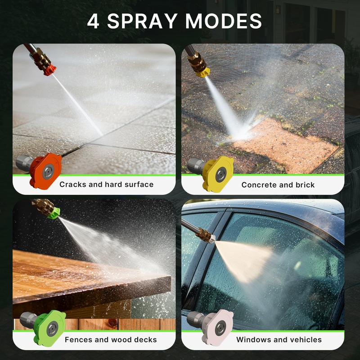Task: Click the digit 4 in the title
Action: click(93, 21)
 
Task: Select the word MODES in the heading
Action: click(223, 21)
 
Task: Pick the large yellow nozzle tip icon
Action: click(211, 174)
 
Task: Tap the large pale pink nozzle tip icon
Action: click(210, 327)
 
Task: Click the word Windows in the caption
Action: click(252, 340)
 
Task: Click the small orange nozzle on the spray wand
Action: click(50, 70)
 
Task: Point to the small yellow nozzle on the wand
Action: click(203, 72)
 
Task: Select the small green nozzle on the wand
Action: click(54, 213)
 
